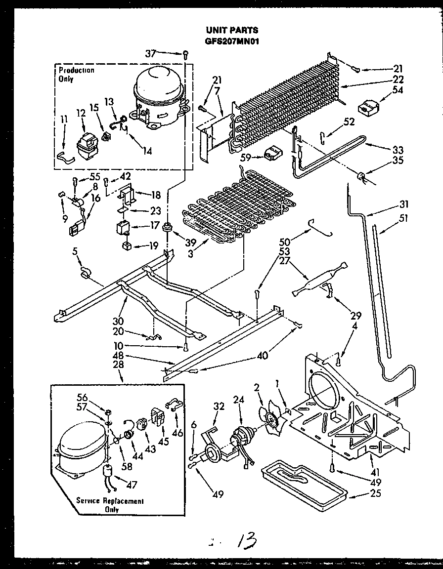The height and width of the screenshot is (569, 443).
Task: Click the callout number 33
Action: coord(398,150)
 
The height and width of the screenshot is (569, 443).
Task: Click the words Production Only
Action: coord(76,74)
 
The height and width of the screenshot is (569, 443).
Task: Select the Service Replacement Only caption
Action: coord(110,505)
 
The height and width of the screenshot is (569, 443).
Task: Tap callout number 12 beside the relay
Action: coord(80,114)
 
